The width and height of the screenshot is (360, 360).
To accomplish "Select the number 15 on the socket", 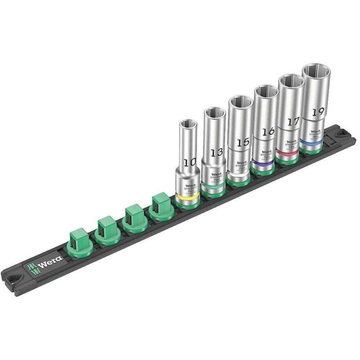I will click(x=243, y=142).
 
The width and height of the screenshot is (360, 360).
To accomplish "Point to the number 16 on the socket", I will click(x=269, y=132).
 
